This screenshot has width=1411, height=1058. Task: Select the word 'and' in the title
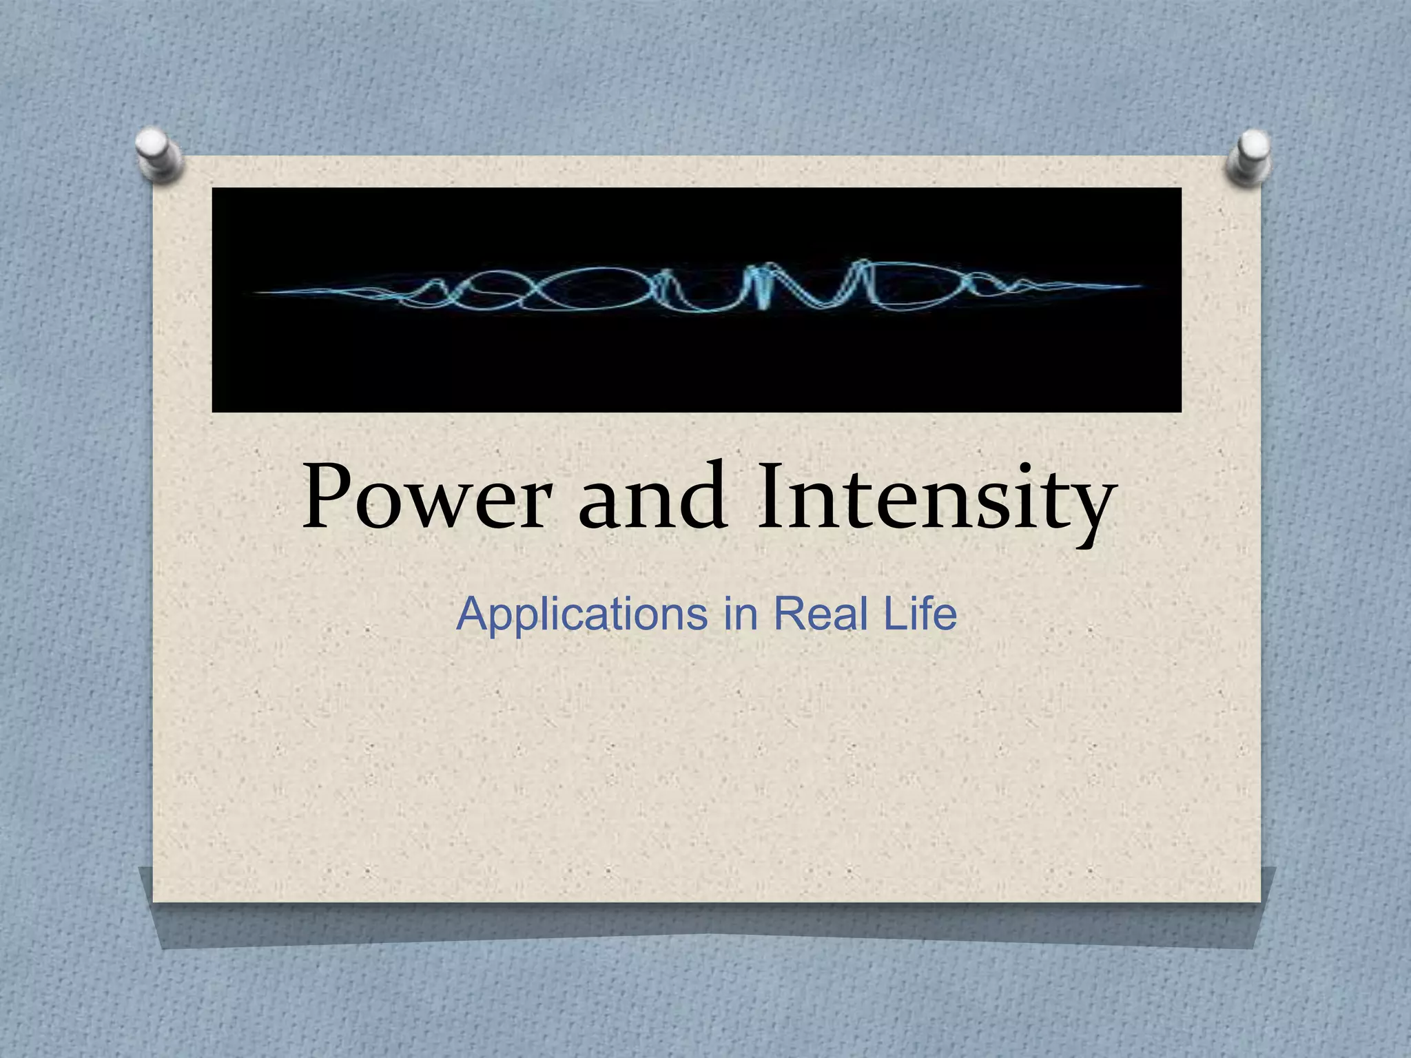coord(651,497)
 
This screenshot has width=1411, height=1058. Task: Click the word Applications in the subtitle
coord(581,614)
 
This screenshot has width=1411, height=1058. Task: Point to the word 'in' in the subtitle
coord(740,614)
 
